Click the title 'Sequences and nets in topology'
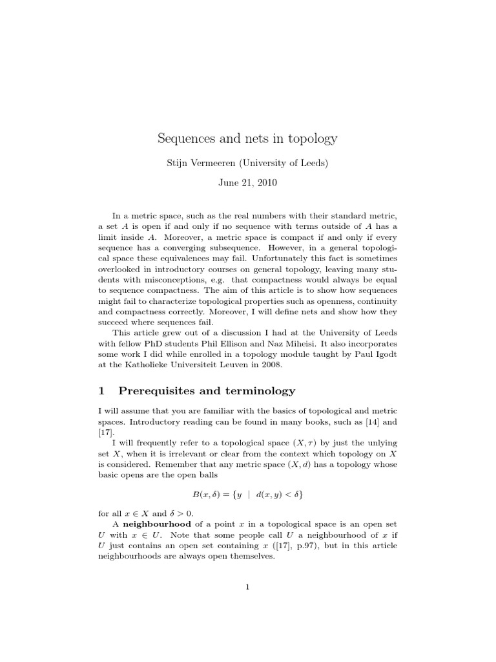click(248, 138)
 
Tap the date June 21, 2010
click(248, 183)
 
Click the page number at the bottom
click(248, 587)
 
